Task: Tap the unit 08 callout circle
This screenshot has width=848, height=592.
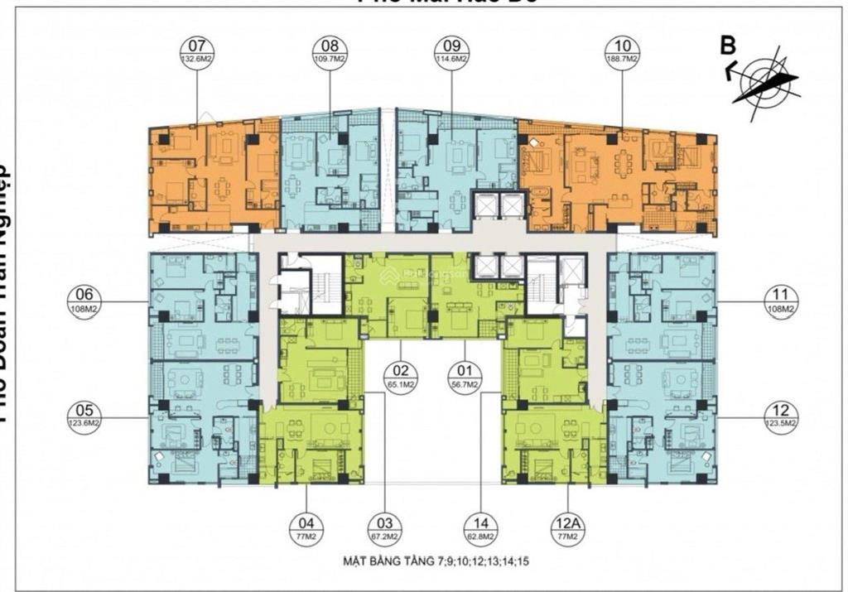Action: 330,52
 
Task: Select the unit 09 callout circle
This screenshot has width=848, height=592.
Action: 451,52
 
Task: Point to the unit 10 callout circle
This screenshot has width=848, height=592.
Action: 622,52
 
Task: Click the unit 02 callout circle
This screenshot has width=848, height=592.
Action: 400,377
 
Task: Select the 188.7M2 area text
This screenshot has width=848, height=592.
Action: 622,60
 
